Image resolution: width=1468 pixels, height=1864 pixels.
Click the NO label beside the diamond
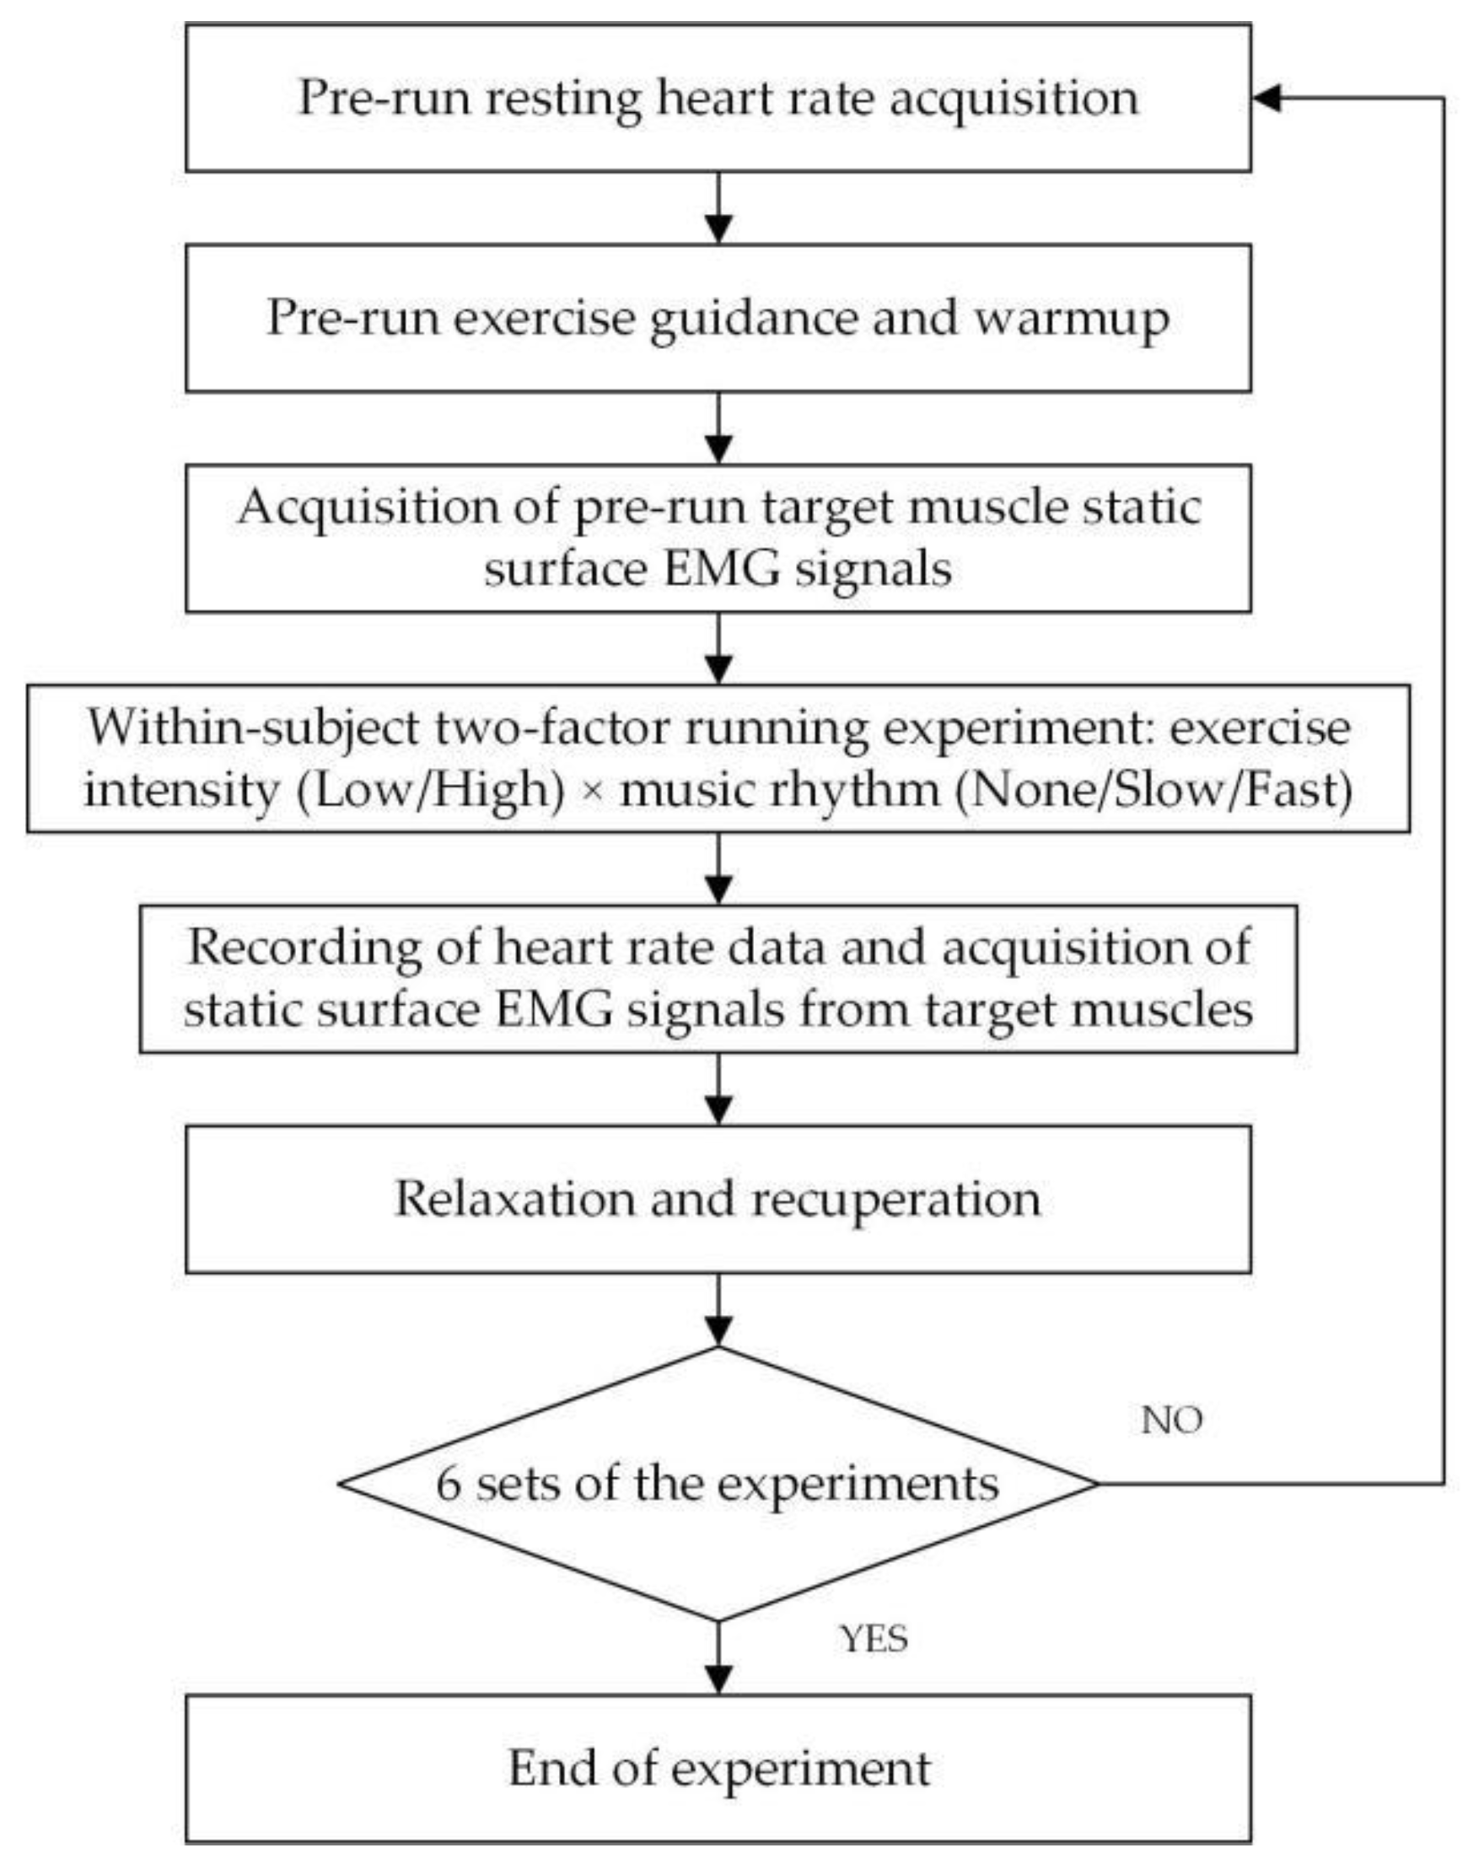point(1170,1421)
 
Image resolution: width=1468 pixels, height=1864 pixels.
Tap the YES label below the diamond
point(874,1639)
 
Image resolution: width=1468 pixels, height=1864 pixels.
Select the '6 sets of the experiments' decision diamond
point(718,1483)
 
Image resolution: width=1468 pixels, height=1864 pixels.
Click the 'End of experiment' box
point(718,1768)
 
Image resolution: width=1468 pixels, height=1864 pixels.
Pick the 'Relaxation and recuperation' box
point(718,1199)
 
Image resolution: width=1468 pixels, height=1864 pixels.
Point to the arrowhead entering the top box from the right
point(1266,98)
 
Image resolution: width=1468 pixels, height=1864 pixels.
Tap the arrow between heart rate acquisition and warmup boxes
point(718,209)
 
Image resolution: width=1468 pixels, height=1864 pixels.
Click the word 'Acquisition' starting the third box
point(368,507)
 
